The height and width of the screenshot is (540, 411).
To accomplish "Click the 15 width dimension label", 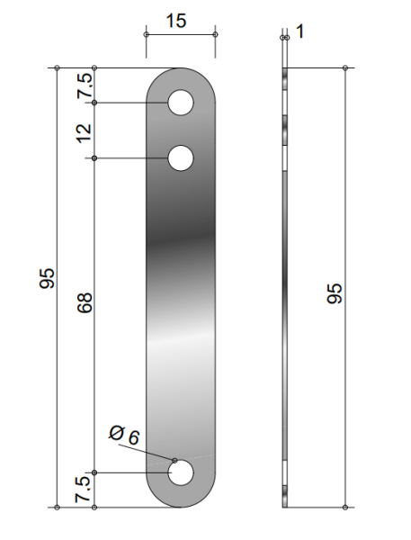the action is (x=176, y=21).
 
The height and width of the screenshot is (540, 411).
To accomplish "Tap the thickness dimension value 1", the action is (x=300, y=31).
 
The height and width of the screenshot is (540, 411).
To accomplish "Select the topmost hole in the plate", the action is (x=181, y=103).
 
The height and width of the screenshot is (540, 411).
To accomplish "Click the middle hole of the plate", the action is (x=181, y=158).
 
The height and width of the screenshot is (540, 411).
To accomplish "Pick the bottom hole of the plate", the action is (x=181, y=472).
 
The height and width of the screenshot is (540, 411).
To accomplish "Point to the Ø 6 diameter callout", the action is (x=124, y=435).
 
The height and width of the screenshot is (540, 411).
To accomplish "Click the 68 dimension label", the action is (x=85, y=302).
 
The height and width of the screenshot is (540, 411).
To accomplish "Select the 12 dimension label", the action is (x=85, y=133).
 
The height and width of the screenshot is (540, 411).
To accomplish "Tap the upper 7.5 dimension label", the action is (x=85, y=86).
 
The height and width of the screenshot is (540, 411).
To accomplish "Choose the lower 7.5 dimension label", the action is (x=84, y=489).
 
